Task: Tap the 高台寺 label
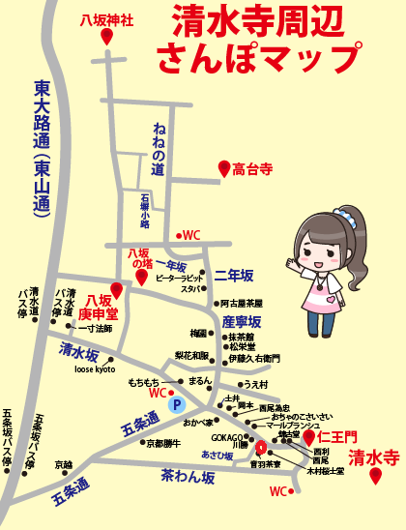point(253,169)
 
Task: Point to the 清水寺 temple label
point(374,456)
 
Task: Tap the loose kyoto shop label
point(95,369)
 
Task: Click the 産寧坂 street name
point(242,321)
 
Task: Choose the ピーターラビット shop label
point(179,278)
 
